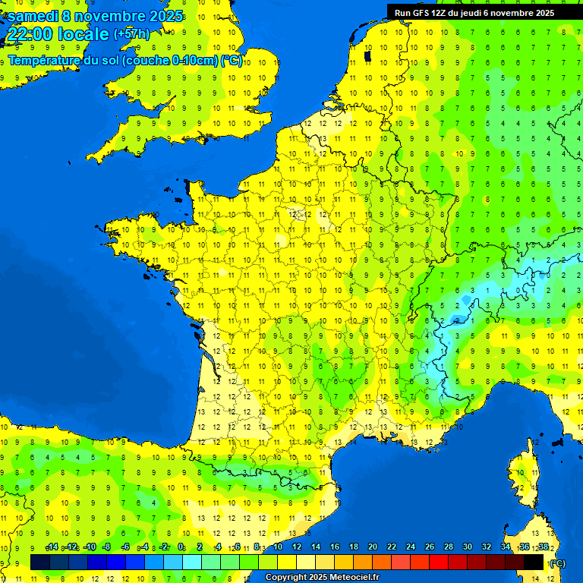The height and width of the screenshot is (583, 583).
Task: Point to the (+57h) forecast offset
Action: pyautogui.click(x=131, y=34)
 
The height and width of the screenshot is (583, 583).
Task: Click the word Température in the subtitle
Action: pyautogui.click(x=46, y=61)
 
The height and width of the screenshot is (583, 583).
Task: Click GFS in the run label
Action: pyautogui.click(x=421, y=12)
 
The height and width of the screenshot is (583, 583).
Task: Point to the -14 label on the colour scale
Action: pyautogui.click(x=52, y=547)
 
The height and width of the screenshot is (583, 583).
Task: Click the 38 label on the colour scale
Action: pyautogui.click(x=544, y=547)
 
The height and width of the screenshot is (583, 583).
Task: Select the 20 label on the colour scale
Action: pyautogui.click(x=373, y=547)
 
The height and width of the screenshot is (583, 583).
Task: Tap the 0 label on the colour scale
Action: pyautogui.click(x=181, y=547)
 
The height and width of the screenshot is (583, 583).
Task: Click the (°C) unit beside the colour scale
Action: pyautogui.click(x=557, y=563)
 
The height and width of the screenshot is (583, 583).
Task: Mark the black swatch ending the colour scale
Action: pyautogui.click(x=534, y=562)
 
